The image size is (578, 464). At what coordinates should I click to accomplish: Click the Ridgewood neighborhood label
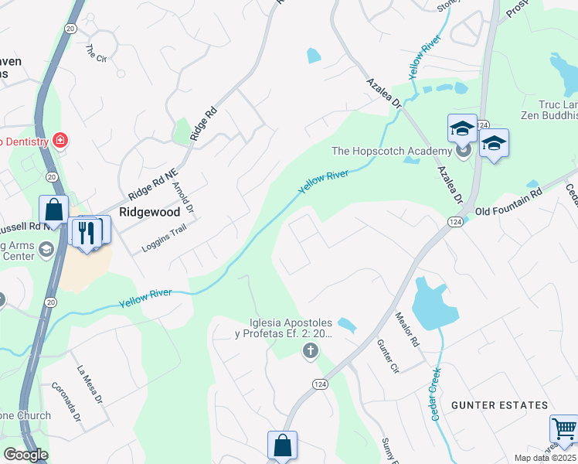click(149, 211)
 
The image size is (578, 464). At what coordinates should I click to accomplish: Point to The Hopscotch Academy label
click(391, 151)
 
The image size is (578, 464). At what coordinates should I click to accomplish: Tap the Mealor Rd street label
click(407, 328)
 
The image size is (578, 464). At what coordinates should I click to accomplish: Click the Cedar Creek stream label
click(434, 393)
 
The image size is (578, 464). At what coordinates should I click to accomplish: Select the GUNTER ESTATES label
click(499, 404)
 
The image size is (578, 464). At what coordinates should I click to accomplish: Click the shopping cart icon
click(565, 428)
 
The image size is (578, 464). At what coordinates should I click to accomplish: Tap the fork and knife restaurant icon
click(86, 231)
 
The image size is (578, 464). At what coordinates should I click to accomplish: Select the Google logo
click(25, 454)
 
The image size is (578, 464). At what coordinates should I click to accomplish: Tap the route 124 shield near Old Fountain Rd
click(454, 222)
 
